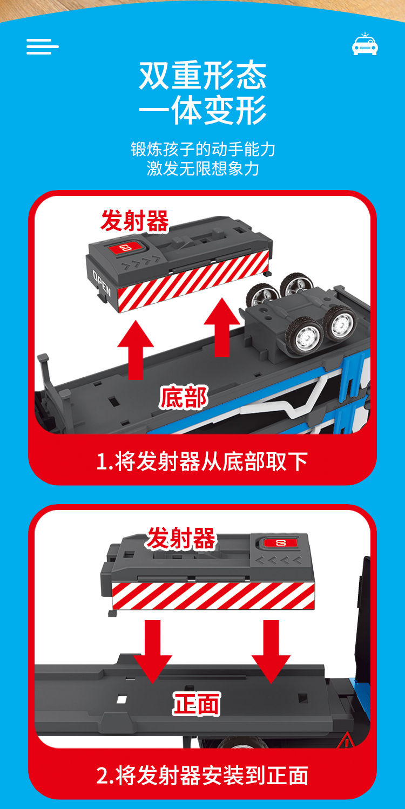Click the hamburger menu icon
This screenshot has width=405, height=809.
pos(42,46)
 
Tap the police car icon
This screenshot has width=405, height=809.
pos(365,45)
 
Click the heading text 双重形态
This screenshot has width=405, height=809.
pos(202,76)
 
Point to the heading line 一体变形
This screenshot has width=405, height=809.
pos(202,111)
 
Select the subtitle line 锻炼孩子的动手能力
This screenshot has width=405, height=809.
pos(202,149)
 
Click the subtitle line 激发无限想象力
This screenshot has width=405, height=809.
pos(202,168)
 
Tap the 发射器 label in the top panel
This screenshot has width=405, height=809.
pos(134,221)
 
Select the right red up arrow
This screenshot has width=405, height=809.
pos(222,327)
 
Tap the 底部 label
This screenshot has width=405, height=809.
pos(184,398)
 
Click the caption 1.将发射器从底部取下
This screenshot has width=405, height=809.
pos(202,461)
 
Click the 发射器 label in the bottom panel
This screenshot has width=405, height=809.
pos(181,539)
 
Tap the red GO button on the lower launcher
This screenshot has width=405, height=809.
pos(280,542)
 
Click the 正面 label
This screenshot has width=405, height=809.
pos(197,705)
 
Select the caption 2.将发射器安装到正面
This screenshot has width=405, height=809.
pos(202,776)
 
